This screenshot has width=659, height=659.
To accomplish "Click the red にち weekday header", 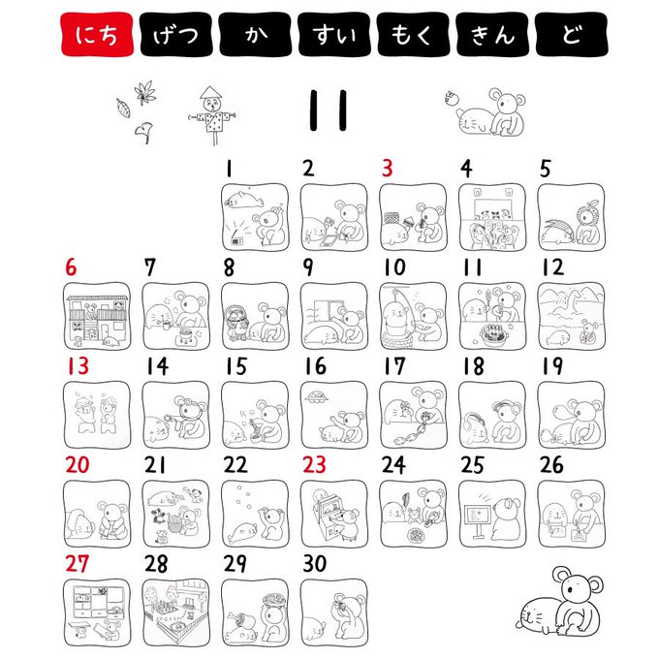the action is click(x=97, y=34).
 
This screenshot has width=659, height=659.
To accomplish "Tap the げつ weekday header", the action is click(x=176, y=34).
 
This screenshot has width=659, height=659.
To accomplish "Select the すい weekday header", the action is click(x=334, y=34).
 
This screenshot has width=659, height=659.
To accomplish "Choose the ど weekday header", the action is click(x=572, y=34).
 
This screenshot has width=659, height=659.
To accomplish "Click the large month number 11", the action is click(x=329, y=110).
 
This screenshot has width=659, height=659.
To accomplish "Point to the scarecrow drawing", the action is click(x=212, y=115).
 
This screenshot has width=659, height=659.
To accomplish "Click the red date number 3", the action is click(x=387, y=168).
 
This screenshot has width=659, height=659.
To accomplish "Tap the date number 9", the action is click(x=308, y=267).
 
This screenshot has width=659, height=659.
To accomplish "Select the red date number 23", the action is click(x=314, y=464).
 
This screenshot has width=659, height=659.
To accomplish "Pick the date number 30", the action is click(x=315, y=563).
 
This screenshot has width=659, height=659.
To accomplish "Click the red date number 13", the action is click(x=78, y=365).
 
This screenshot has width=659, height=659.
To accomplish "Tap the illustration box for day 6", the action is click(x=97, y=316).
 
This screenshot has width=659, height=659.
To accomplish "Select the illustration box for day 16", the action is click(x=334, y=415).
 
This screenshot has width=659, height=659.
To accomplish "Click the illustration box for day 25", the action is click(x=492, y=514).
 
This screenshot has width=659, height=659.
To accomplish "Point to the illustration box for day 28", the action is click(x=176, y=612).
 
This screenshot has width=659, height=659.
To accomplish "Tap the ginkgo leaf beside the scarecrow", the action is click(x=143, y=133).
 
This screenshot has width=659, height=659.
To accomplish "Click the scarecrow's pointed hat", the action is click(x=210, y=92).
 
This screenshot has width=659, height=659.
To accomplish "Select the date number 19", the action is click(x=551, y=365).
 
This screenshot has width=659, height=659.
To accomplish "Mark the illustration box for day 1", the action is click(x=255, y=217).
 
